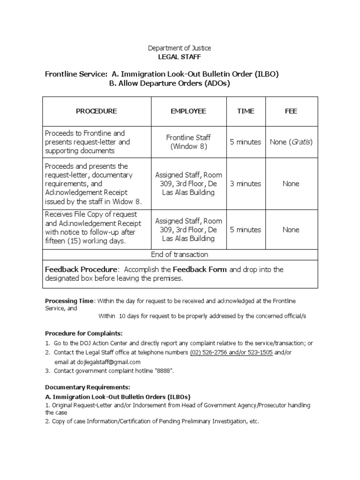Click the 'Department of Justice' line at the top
180,48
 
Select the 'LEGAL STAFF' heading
180,57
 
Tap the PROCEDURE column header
97,111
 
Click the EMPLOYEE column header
188,111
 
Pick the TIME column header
246,111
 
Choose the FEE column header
291,111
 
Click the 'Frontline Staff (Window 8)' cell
188,142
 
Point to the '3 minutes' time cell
246,184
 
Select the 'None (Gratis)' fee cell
291,142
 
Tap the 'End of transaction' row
180,255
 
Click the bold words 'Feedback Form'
200,270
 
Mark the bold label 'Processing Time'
69,300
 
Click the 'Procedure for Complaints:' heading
83,333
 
